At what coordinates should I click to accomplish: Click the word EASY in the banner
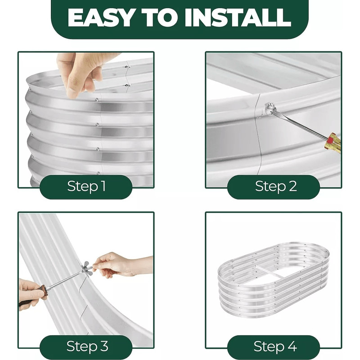pos(101,18)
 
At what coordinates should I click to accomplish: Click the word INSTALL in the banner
pos(238,18)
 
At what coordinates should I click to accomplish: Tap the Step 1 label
pos(86,186)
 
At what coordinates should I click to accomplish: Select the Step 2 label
pos(276,186)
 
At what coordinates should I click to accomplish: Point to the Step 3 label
pos(87,346)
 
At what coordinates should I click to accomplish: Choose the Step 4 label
pos(275,346)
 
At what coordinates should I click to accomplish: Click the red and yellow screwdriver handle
pos(333,142)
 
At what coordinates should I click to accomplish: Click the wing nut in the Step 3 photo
pos(87,268)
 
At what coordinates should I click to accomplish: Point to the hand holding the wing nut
pos(121,265)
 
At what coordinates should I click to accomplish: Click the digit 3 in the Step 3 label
pos(104,346)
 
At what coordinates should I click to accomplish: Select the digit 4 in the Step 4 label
pos(292,346)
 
